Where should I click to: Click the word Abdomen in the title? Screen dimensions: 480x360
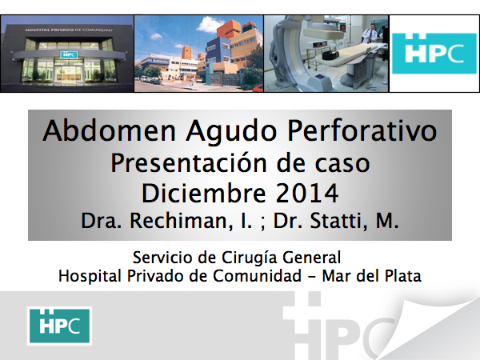(109, 131)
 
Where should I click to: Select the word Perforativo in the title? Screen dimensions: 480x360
(362, 131)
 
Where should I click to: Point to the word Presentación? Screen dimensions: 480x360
(188, 163)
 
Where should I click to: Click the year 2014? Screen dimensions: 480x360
(307, 193)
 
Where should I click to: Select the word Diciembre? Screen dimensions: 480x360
(203, 193)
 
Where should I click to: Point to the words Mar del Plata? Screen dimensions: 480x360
(372, 275)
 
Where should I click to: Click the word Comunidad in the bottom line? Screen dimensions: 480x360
(257, 275)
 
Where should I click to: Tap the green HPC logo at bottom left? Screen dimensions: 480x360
(59, 326)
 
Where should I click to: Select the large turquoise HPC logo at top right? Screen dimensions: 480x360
(434, 54)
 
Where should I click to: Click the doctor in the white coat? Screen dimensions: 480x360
(369, 35)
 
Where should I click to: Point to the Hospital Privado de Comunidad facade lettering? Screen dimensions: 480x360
(69, 30)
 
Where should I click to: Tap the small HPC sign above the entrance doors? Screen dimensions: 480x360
(69, 54)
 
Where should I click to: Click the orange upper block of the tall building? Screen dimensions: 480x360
(230, 29)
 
